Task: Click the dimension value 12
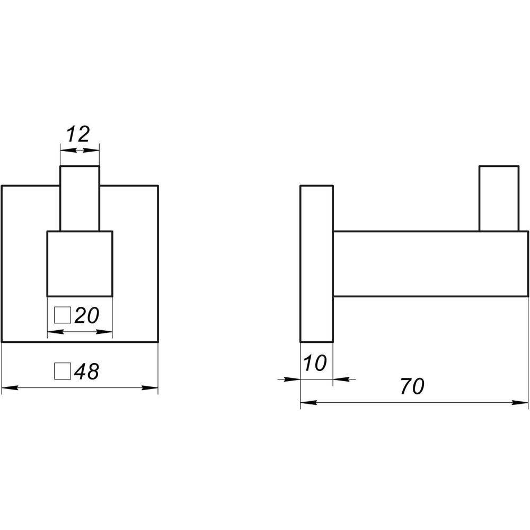click(x=78, y=134)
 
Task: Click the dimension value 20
click(x=87, y=315)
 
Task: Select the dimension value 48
click(x=86, y=372)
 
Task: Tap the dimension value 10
click(x=315, y=363)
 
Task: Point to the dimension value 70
click(x=412, y=386)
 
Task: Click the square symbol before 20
click(x=63, y=315)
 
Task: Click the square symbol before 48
click(x=63, y=371)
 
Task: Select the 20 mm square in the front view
click(x=80, y=263)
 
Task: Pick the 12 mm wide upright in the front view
click(x=80, y=198)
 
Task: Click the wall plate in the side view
click(x=317, y=263)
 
